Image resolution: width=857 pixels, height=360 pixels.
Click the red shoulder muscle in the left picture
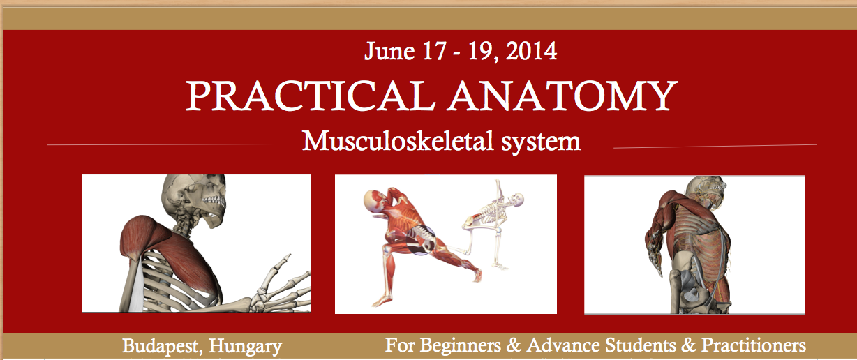click(150, 241)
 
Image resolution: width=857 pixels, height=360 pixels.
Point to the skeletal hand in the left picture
click(283, 286)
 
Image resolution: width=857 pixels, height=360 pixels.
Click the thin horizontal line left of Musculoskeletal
click(161, 144)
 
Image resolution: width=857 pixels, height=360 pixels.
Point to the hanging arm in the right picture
click(656, 244)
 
